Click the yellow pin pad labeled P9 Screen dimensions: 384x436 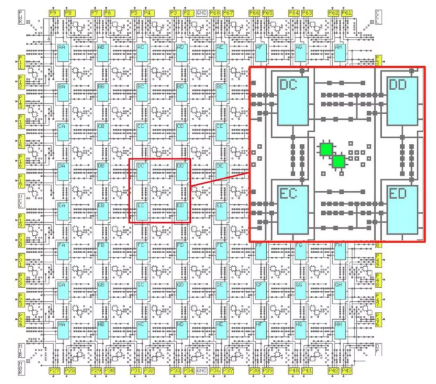coord(54,12)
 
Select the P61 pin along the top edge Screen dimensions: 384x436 coord(346,12)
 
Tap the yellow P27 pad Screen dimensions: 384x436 coord(54,370)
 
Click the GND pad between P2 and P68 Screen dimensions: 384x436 coord(201,12)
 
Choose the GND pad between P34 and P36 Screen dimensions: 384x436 coord(201,370)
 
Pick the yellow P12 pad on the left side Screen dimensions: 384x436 coord(22,81)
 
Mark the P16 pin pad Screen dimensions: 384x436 coord(22,162)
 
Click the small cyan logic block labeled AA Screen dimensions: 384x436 coord(62,53)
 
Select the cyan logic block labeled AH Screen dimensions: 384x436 coord(339,53)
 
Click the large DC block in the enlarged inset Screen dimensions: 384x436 coord(293,101)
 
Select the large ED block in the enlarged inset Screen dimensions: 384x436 coord(402,210)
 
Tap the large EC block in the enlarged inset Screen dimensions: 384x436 coord(293,210)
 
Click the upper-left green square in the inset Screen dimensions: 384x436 coord(326,149)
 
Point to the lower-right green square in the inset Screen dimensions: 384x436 coord(338,162)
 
